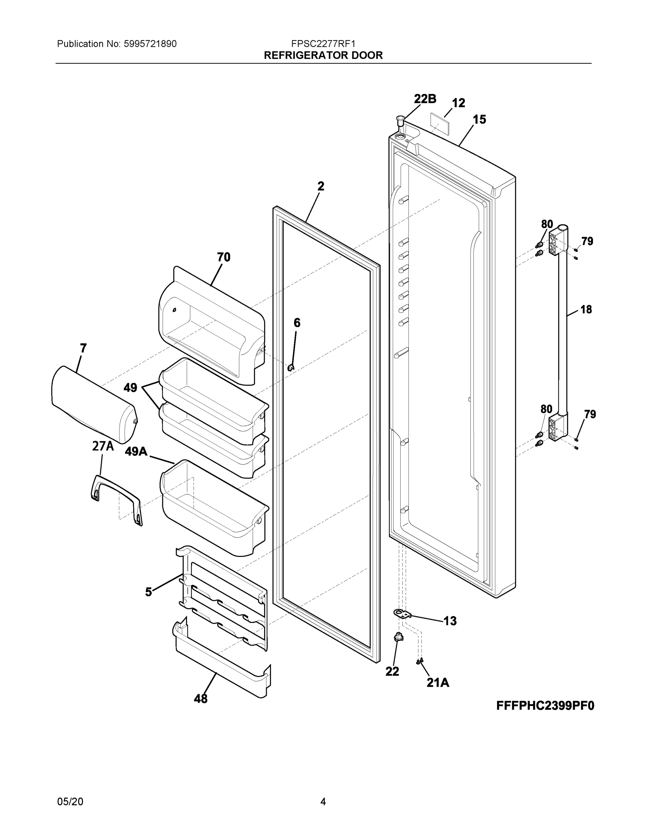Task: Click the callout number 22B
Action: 425,99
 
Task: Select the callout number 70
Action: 224,257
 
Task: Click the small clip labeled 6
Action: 291,368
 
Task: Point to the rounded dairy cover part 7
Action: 94,403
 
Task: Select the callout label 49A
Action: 136,451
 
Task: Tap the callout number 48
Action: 201,699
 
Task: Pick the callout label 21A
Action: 438,682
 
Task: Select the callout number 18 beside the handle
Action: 586,309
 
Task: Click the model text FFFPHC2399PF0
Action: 545,706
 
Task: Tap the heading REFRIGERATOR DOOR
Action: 323,55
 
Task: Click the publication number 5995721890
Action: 150,44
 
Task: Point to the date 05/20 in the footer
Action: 70,802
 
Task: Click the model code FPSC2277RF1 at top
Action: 323,44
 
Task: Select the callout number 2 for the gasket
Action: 321,186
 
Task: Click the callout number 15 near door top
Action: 479,120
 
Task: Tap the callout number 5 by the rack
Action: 149,592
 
